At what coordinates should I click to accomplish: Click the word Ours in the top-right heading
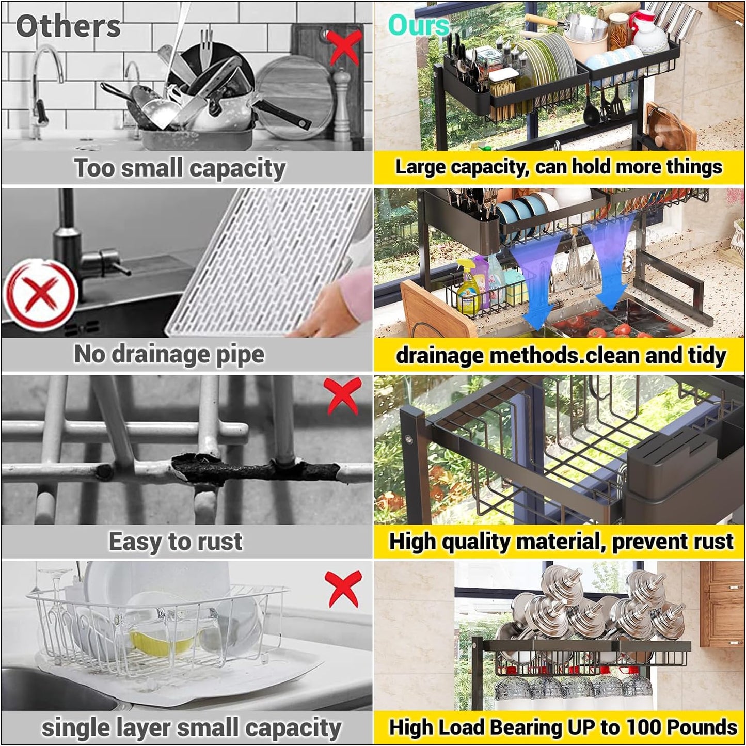pyautogui.click(x=418, y=25)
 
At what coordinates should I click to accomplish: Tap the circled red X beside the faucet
pyautogui.click(x=40, y=295)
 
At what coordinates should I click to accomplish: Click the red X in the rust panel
pyautogui.click(x=344, y=396)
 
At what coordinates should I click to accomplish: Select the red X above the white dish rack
pyautogui.click(x=344, y=588)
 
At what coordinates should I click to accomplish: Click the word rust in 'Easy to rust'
pyautogui.click(x=221, y=542)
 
